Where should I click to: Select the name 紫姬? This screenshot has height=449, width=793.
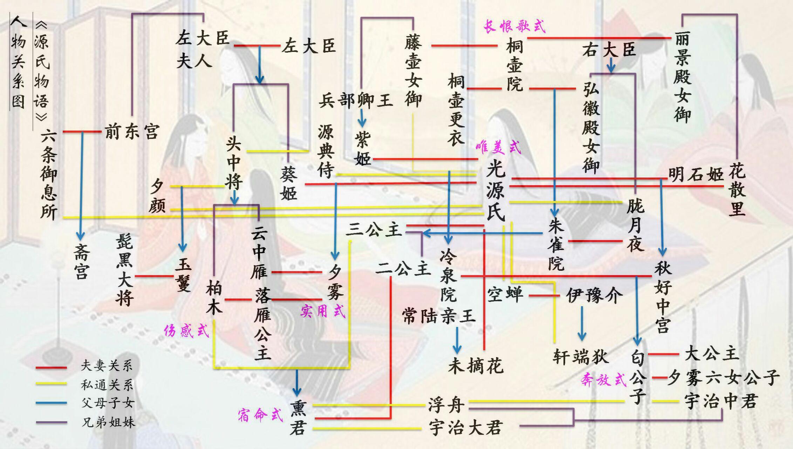click(x=362, y=149)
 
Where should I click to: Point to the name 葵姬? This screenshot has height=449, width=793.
click(x=288, y=183)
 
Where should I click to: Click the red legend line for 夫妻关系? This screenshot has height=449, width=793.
click(x=51, y=367)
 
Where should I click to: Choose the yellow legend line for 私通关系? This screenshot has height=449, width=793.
click(x=51, y=384)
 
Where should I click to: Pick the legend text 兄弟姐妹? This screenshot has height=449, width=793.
click(x=108, y=422)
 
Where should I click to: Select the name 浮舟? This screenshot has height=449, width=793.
click(x=446, y=405)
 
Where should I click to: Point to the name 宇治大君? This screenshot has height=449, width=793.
click(x=466, y=428)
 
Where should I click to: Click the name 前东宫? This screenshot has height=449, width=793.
click(x=132, y=132)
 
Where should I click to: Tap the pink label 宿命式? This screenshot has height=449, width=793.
click(x=260, y=415)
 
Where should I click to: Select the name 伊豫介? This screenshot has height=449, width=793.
click(x=594, y=295)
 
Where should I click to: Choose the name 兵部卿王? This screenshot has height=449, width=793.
click(x=355, y=101)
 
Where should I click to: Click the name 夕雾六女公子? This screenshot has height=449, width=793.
click(x=723, y=378)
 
